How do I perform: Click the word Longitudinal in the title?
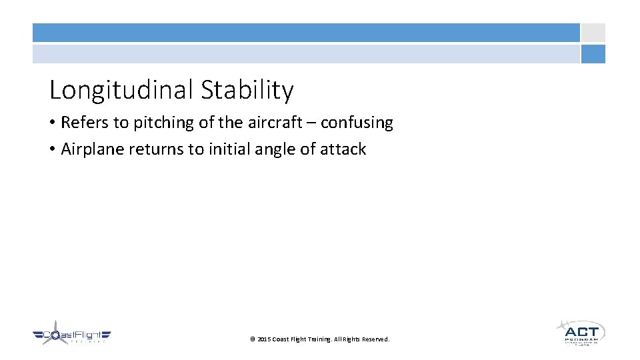pyautogui.click(x=122, y=90)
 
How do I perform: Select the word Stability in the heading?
pyautogui.click(x=247, y=90)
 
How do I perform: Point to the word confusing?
pyautogui.click(x=357, y=123)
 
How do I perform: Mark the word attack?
pyautogui.click(x=343, y=149)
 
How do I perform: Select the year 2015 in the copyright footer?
pyautogui.click(x=264, y=339)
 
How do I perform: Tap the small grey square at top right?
pyautogui.click(x=593, y=33)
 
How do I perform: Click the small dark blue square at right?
pyautogui.click(x=593, y=54)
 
